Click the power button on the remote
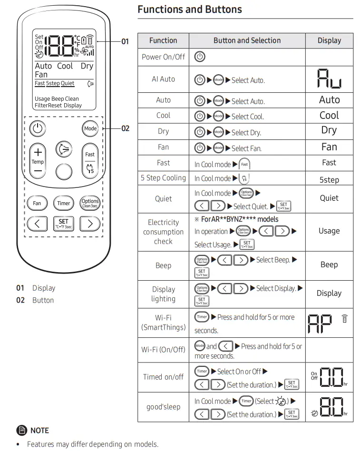pos(37,128)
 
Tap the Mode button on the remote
pos(90,128)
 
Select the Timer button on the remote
pos(64,203)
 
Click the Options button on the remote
pos(90,203)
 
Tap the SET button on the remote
pos(64,223)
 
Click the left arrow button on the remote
pos(37,223)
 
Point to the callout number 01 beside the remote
pos(125,41)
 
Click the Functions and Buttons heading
pos(189,9)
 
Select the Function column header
pos(163,41)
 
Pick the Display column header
pos(329,41)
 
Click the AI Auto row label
pos(163,79)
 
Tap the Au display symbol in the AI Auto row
pos(329,79)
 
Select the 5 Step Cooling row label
pos(163,178)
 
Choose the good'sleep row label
pos(163,407)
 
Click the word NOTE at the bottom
pos(39,430)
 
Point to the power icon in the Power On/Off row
pos(200,57)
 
